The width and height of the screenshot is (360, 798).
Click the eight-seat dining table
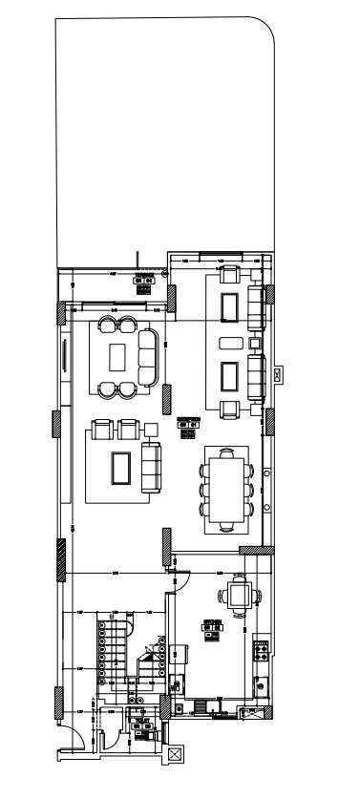[226, 486]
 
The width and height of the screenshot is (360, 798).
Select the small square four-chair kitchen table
[237, 596]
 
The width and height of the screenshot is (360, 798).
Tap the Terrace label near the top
[144, 279]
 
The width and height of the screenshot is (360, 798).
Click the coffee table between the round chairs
[118, 356]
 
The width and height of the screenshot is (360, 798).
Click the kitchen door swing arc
[187, 577]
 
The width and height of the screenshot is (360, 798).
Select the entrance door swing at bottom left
[69, 749]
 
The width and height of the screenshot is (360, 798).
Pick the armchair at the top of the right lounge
[229, 275]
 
